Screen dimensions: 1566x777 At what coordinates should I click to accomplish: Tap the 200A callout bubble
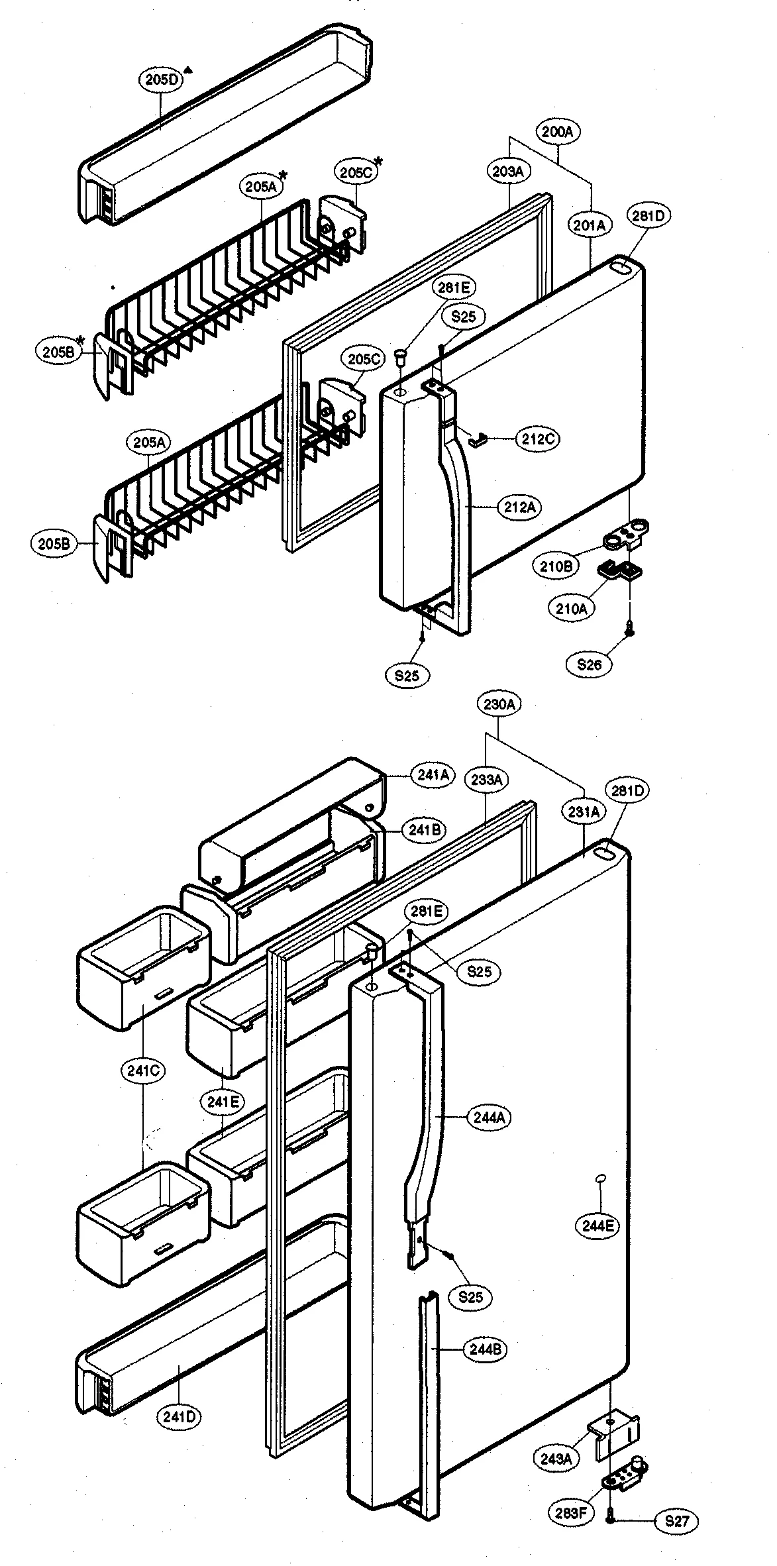pyautogui.click(x=558, y=132)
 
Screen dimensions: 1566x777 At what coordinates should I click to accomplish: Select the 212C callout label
pyautogui.click(x=537, y=439)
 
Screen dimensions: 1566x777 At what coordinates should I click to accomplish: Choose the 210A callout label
pyautogui.click(x=571, y=607)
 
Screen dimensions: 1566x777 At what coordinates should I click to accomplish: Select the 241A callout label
pyautogui.click(x=433, y=774)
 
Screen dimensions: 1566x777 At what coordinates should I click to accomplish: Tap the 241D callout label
pyautogui.click(x=179, y=1417)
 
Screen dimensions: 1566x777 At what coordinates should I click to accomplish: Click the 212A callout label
pyautogui.click(x=520, y=507)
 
